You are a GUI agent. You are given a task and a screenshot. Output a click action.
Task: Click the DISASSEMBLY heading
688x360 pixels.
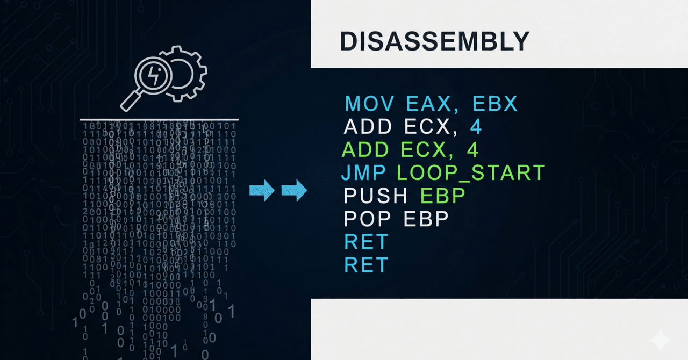[x=434, y=42]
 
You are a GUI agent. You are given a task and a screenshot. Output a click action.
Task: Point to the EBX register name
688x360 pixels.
[x=496, y=103]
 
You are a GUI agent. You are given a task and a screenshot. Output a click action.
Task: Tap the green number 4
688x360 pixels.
[x=473, y=149]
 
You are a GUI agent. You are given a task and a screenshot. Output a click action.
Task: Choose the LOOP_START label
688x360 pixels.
[x=471, y=172]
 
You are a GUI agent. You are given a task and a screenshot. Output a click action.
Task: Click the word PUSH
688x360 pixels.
[x=376, y=196]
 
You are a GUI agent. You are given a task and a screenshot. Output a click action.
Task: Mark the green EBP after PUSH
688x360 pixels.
[x=442, y=196]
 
